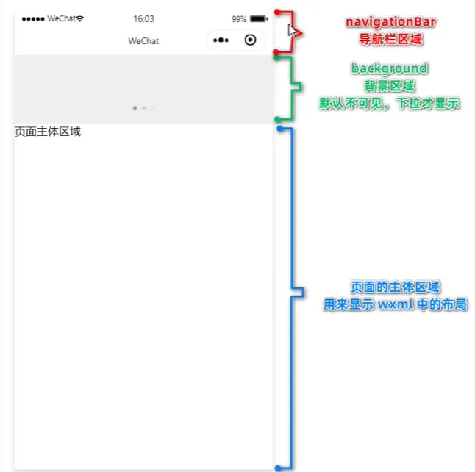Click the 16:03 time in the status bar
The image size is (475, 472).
143,19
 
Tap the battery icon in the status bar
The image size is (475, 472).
259,19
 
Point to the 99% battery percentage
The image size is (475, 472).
239,19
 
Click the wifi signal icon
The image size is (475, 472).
79,18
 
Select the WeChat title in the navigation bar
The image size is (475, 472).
143,41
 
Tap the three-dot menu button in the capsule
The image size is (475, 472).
221,40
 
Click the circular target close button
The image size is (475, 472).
250,40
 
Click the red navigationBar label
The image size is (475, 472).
390,22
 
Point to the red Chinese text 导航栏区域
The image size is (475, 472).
390,39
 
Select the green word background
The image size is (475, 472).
389,68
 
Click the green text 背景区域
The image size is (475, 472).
389,86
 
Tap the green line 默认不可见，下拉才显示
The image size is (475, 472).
389,104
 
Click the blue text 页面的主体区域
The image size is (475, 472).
395,287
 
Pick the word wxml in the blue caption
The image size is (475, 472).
396,304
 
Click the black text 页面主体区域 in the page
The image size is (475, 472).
48,132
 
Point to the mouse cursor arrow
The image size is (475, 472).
292,30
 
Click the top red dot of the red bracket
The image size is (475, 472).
277,12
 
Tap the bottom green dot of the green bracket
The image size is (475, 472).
277,119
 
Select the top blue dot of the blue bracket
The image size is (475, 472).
280,129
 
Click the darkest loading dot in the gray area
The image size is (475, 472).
135,108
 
